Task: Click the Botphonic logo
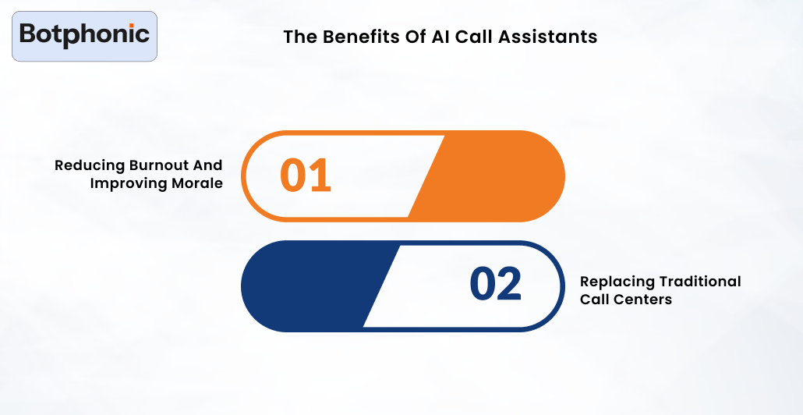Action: point(84,36)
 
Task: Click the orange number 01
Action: point(306,176)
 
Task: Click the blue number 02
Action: point(495,285)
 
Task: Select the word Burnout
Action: point(156,165)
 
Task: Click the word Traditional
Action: point(699,282)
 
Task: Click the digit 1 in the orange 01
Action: point(320,176)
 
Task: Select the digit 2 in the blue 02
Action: point(510,285)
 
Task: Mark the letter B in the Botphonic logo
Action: point(28,34)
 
